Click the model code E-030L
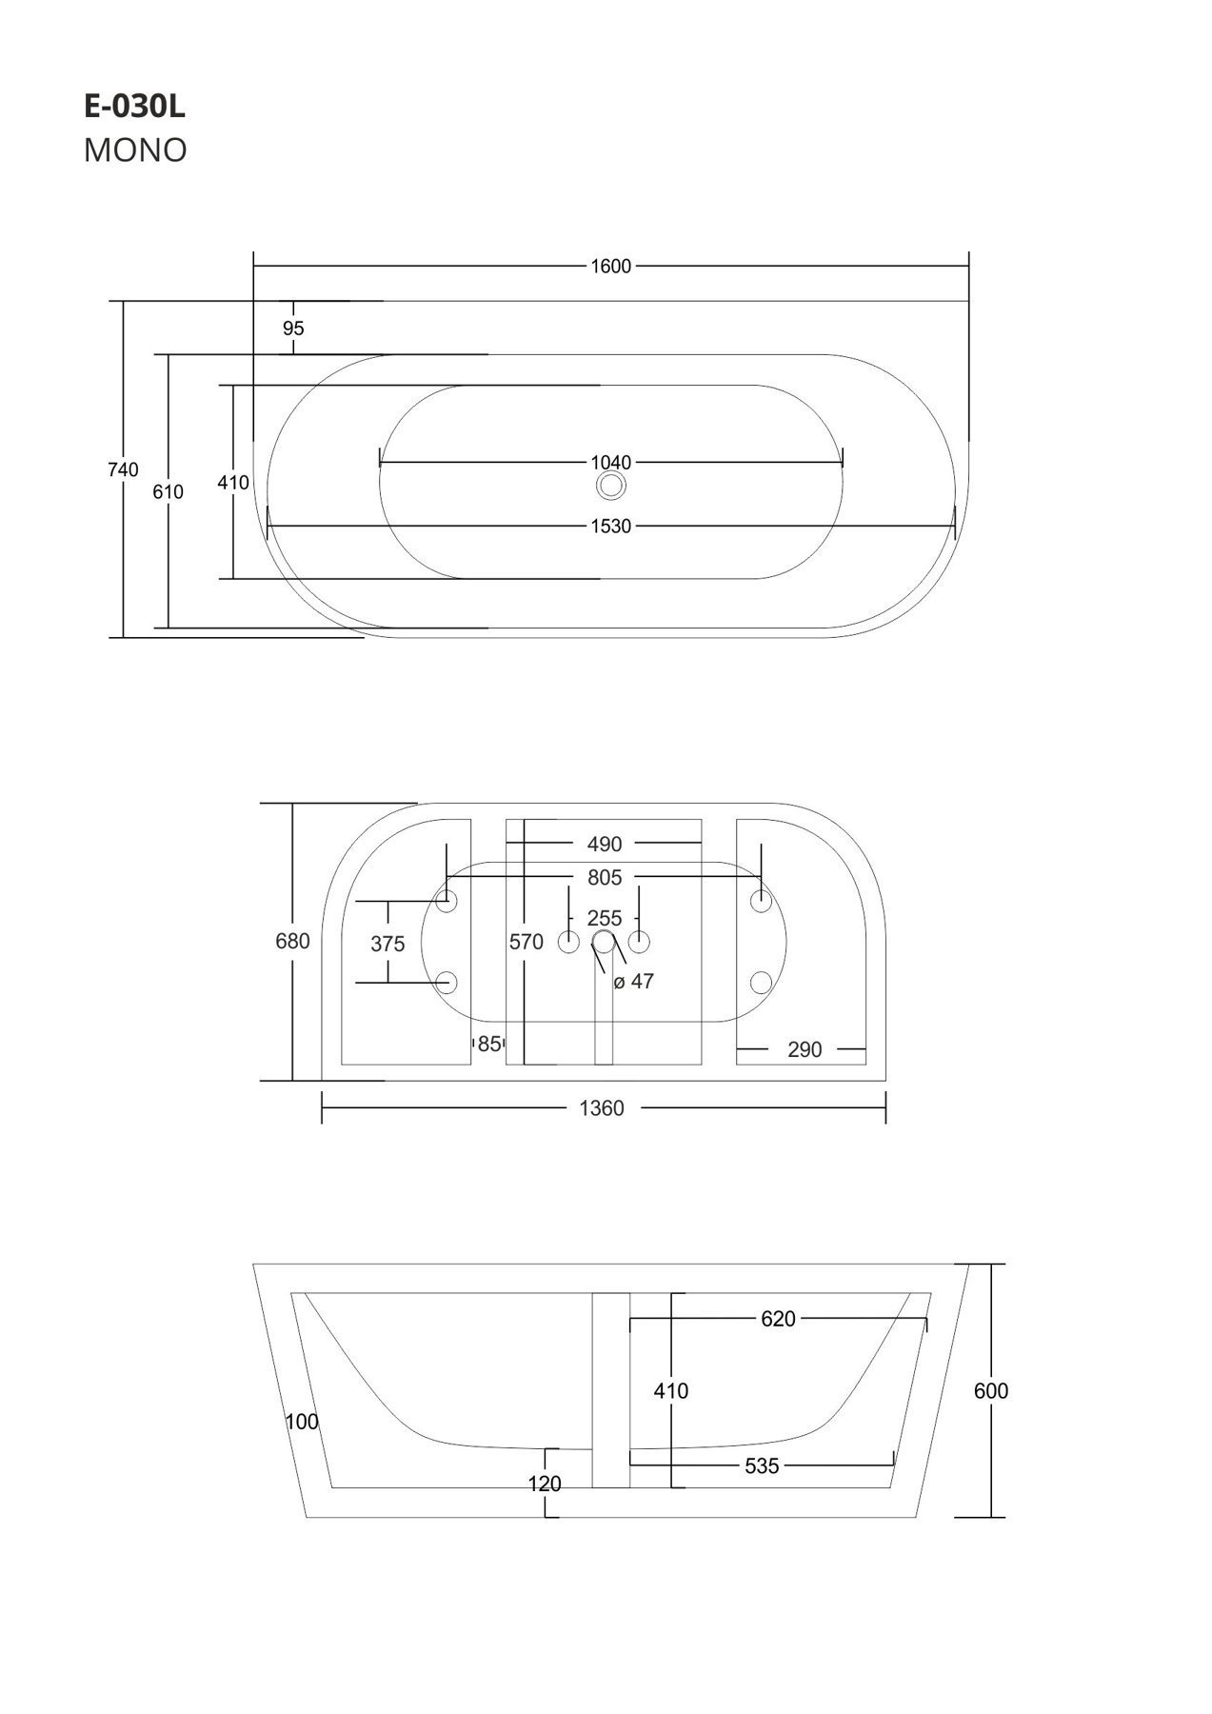point(134,108)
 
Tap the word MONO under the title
point(135,150)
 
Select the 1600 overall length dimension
point(610,267)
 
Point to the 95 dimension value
point(293,329)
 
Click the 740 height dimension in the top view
point(124,469)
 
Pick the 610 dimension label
point(169,492)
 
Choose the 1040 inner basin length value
point(610,463)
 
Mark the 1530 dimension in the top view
point(610,526)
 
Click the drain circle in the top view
point(610,487)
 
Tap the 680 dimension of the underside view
point(292,941)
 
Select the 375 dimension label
point(387,944)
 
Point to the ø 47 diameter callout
point(634,981)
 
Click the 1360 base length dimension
point(602,1108)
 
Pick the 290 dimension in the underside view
point(805,1049)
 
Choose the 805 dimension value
point(605,877)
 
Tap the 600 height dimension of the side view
point(991,1391)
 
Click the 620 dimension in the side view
point(778,1319)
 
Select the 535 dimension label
point(762,1466)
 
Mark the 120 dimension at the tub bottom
point(545,1484)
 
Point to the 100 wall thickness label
point(302,1422)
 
